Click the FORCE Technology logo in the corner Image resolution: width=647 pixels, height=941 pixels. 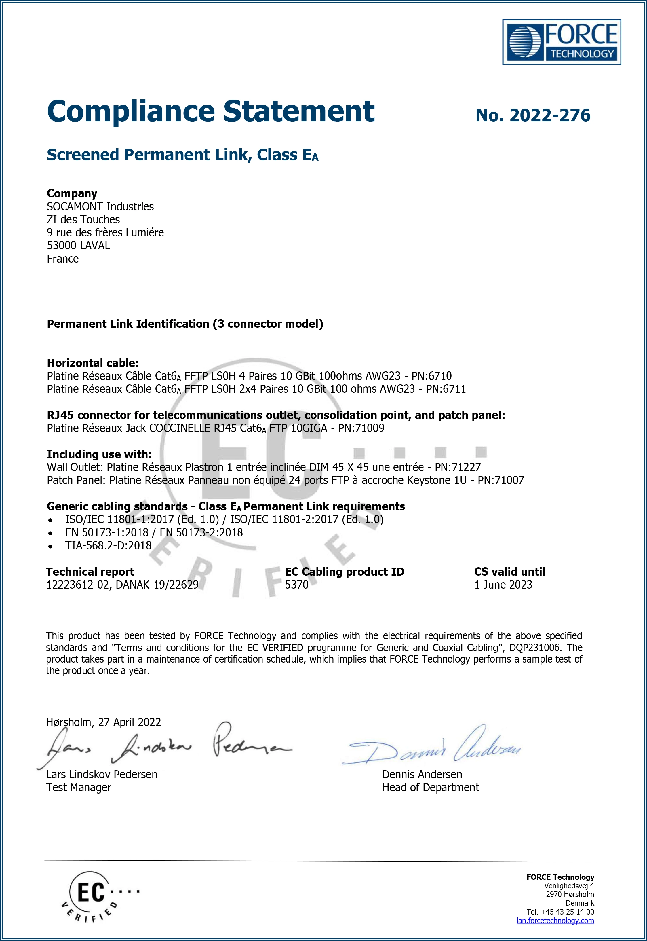[x=562, y=42]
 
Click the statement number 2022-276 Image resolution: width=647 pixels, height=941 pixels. [x=533, y=115]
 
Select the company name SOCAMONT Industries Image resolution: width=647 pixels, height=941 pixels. [x=100, y=207]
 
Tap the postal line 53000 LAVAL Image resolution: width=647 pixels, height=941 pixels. [x=78, y=246]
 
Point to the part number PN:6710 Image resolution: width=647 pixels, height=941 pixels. [x=431, y=376]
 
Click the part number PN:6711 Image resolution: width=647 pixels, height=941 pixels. [x=446, y=389]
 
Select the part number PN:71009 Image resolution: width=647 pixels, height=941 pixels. [x=361, y=428]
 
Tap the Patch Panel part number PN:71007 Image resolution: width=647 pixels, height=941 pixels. [x=501, y=480]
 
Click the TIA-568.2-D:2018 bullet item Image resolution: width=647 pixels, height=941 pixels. [x=108, y=546]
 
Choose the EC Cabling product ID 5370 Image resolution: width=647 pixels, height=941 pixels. [x=296, y=585]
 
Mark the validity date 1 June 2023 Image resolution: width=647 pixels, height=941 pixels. [x=503, y=585]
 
